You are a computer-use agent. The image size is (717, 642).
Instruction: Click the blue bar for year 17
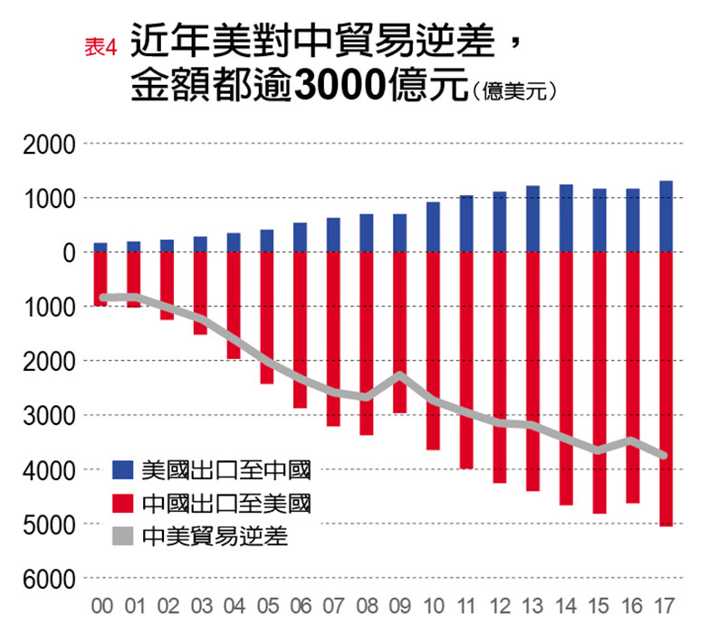coord(665,217)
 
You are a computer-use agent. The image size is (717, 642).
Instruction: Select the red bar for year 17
coord(665,389)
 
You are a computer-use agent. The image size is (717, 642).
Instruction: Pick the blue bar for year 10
coord(433,227)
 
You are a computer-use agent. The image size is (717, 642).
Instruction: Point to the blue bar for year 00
coord(100,247)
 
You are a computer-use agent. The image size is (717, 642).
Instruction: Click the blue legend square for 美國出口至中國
coord(122,470)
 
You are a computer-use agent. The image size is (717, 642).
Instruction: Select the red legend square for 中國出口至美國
coord(122,503)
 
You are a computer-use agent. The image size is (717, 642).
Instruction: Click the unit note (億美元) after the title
coord(511,91)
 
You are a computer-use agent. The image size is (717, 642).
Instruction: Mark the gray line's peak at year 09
coord(399,374)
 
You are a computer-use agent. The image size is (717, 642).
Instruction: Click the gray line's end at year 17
coord(665,455)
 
